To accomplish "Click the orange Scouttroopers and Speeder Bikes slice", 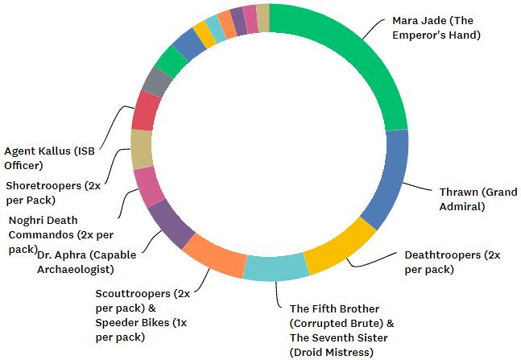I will [213, 254].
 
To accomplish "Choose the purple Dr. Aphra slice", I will [170, 222].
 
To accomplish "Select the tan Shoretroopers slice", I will [142, 149].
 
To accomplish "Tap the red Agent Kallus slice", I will [147, 111].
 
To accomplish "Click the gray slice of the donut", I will [156, 81].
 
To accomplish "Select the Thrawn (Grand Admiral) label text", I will [478, 199].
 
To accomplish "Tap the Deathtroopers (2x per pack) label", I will [452, 262].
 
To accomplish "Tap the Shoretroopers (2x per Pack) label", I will [53, 192].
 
